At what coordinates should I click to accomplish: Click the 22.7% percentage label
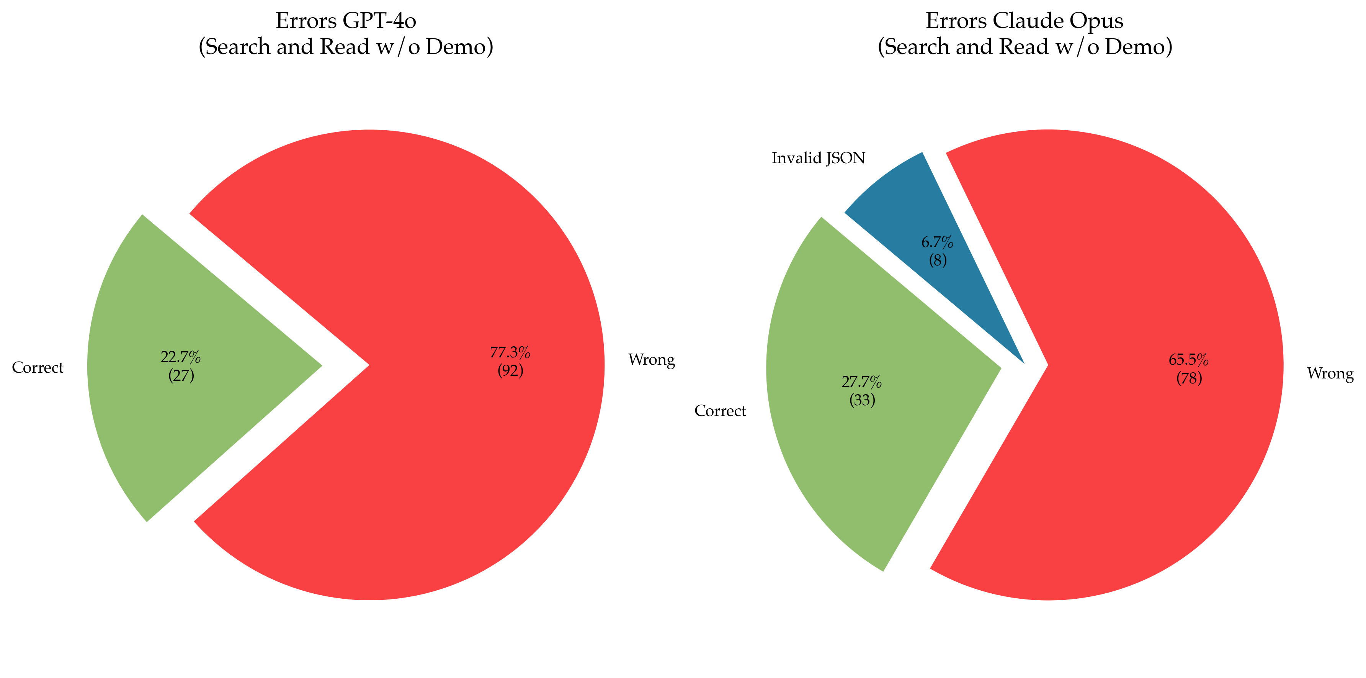click(181, 357)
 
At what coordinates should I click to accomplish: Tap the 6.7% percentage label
click(938, 242)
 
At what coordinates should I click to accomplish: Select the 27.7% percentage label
click(862, 382)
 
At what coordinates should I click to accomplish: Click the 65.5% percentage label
click(1189, 360)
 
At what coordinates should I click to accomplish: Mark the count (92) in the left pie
click(510, 371)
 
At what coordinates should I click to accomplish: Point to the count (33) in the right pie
click(862, 400)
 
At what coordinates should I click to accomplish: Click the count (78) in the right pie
click(1189, 378)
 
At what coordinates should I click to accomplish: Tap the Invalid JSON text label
click(818, 158)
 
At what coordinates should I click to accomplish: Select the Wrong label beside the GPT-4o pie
click(651, 360)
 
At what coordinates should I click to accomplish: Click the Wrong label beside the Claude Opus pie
click(1330, 373)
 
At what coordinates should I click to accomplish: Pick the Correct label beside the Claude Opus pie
click(720, 411)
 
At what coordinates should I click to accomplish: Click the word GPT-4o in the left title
click(379, 21)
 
